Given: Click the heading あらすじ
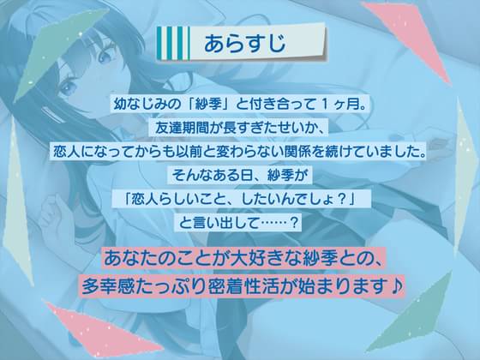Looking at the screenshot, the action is coord(244,43).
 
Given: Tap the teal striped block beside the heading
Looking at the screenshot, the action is coord(173,43).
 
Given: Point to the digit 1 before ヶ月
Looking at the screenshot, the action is coord(325,105).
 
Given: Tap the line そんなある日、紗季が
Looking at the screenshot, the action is coord(239,176).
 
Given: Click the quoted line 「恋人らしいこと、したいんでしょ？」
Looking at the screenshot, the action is coord(240,199).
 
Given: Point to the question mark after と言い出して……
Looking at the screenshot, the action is coord(293,223).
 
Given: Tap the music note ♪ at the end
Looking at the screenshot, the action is coord(396,285).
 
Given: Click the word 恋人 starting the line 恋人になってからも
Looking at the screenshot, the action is coord(67,152).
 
